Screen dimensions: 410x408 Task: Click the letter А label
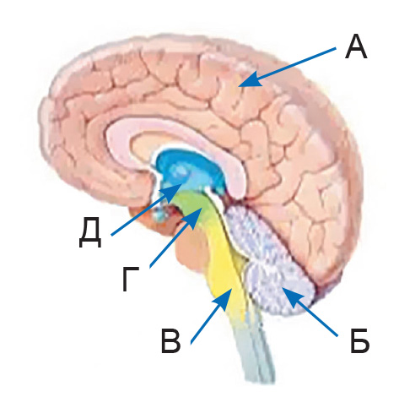[x=356, y=46]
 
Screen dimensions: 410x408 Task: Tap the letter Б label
[x=359, y=340]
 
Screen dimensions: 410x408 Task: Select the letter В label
[x=170, y=340]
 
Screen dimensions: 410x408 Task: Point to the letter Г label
[x=131, y=279]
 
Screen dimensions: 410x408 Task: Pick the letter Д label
[x=89, y=232]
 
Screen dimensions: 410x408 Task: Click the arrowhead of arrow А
[x=248, y=79]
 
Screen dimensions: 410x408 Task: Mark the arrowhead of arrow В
[x=224, y=299]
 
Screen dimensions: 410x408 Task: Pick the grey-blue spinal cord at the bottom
[x=253, y=352]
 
